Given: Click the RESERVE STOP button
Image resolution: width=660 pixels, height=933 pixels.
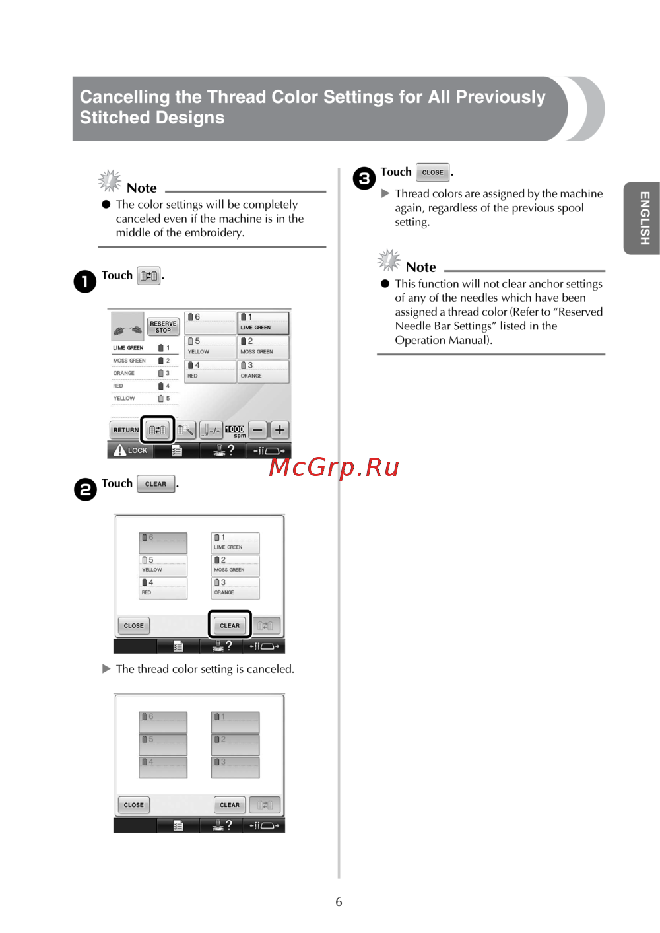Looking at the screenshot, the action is (x=163, y=327).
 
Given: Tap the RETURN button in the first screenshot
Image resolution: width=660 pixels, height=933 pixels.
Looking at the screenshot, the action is (x=125, y=430).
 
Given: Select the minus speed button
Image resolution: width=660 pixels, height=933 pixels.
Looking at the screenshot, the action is (x=258, y=429).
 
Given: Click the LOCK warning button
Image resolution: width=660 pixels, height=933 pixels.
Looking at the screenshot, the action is (x=131, y=450).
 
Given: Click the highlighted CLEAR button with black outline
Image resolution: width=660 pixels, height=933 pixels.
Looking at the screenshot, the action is (x=230, y=625).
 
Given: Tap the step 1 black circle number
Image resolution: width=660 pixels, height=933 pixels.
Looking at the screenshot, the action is (x=85, y=281).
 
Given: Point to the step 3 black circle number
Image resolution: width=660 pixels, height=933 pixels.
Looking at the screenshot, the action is (x=364, y=178).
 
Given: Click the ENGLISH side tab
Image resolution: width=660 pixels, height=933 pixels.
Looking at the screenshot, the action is (x=642, y=218).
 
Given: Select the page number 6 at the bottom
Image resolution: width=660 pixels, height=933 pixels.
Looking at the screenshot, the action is (x=339, y=901).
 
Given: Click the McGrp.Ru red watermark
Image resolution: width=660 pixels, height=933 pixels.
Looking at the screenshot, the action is (x=334, y=467).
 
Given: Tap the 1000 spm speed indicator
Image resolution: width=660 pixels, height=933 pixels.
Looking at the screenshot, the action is (x=235, y=431).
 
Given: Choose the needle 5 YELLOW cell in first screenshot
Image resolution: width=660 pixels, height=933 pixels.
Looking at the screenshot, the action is (x=210, y=347).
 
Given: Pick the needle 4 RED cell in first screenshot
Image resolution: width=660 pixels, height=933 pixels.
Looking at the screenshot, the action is (x=210, y=371).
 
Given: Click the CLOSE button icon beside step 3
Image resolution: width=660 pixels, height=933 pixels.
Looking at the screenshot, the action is (x=433, y=172).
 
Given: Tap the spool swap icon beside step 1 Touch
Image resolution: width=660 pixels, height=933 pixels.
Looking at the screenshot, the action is (x=148, y=276).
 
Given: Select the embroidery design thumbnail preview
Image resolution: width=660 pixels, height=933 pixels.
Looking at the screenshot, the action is (x=128, y=326).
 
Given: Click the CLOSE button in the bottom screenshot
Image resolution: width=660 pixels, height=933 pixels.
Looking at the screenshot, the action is (x=134, y=805).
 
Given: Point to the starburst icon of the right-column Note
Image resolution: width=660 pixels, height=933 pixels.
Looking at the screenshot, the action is (x=389, y=260).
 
